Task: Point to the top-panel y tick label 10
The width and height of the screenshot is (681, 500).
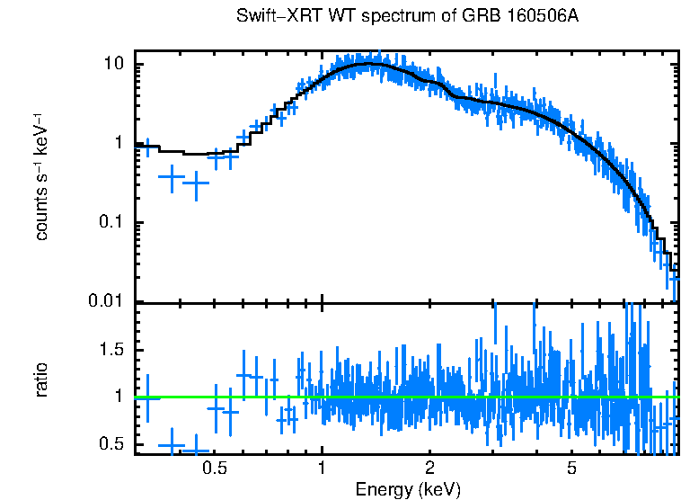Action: [x=113, y=66]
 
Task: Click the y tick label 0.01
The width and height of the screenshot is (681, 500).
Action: [x=107, y=301]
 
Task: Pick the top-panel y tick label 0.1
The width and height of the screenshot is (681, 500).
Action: [x=111, y=223]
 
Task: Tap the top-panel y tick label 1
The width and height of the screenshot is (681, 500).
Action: [x=119, y=144]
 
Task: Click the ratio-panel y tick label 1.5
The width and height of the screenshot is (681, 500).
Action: [x=111, y=349]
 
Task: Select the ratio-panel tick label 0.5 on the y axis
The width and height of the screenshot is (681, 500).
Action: [x=111, y=443]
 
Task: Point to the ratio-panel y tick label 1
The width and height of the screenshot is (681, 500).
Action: [x=119, y=397]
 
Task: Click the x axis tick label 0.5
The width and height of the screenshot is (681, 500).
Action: [x=214, y=468]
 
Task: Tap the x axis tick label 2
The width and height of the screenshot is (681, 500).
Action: [x=430, y=468]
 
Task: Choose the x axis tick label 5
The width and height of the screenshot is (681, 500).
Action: [x=572, y=468]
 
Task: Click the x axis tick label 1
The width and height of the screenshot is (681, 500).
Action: [x=322, y=468]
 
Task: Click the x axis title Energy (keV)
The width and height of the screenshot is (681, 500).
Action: [x=408, y=489]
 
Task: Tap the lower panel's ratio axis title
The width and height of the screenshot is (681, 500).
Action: [x=41, y=379]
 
